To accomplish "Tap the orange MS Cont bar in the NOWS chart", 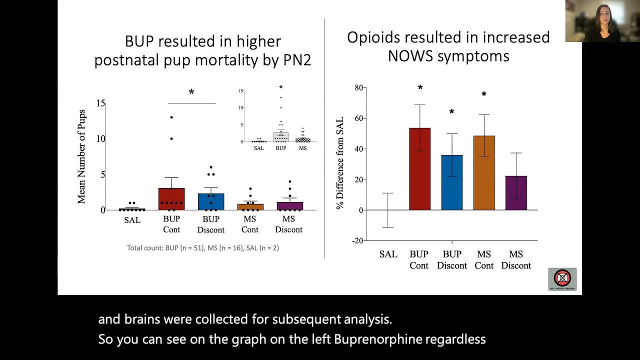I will (483, 173).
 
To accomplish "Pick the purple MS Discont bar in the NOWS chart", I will (515, 193).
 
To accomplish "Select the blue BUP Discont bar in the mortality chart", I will (211, 201).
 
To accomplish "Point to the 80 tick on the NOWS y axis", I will (358, 88).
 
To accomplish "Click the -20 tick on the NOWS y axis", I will (357, 240).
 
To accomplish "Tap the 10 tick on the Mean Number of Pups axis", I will (101, 139).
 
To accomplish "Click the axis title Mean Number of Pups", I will (81, 156).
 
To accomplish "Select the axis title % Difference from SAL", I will (340, 163).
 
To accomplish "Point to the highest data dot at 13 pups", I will (171, 117).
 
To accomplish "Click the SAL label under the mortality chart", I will (132, 220).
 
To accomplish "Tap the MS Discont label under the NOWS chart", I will (515, 260).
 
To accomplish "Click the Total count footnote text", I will (202, 248).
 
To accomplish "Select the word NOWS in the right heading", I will (410, 56).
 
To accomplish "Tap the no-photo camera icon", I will (562, 278).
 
